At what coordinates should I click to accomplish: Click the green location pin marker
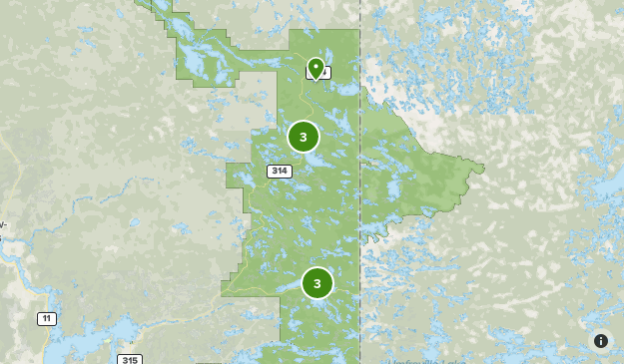(315, 68)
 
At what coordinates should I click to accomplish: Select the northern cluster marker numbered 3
(304, 137)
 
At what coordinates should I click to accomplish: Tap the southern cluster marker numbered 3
(317, 283)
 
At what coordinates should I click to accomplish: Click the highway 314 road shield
(280, 172)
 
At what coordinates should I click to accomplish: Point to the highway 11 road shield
(47, 318)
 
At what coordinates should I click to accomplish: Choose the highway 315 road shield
(129, 359)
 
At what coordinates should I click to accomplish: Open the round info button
(601, 341)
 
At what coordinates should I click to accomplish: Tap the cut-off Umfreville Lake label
(419, 360)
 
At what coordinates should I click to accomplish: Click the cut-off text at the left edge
(3, 224)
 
